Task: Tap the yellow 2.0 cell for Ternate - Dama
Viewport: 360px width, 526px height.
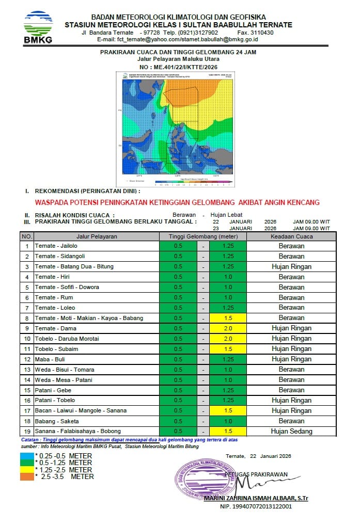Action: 228,328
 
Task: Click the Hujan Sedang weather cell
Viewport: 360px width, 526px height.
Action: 291,431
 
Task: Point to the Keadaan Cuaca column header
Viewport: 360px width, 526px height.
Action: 291,236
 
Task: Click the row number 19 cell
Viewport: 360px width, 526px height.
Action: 26,431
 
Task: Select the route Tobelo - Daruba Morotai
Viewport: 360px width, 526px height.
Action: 67,339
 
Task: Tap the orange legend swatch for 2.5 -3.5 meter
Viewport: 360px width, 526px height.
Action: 27,476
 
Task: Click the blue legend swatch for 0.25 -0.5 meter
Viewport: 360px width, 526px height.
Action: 27,456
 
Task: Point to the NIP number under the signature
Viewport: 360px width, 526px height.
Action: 256,506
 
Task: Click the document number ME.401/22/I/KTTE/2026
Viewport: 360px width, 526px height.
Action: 178,67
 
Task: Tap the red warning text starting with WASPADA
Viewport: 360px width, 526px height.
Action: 177,202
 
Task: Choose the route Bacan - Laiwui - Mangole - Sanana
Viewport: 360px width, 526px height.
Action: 82,410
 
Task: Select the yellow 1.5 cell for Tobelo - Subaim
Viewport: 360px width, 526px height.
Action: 228,349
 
